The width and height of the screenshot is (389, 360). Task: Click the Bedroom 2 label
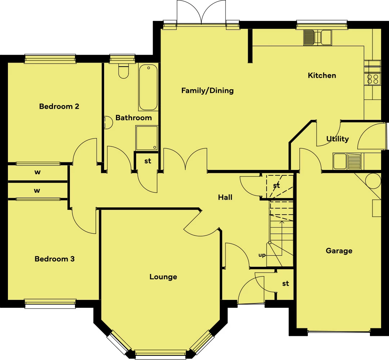(59, 106)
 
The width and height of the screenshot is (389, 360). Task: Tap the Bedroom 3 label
(55, 259)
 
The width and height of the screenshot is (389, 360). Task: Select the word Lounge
(163, 277)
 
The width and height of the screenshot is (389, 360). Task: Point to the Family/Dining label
(207, 90)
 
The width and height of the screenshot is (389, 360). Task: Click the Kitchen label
(322, 75)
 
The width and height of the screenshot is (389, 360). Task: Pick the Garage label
(339, 251)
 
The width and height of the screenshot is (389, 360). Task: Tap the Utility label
(337, 139)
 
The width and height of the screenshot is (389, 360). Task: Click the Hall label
(225, 197)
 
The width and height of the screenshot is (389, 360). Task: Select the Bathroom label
(134, 117)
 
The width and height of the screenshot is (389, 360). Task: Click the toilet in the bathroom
(123, 71)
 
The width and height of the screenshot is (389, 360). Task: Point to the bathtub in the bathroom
(148, 87)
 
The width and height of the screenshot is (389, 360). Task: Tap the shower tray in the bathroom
(147, 138)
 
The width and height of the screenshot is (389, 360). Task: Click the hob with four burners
(373, 79)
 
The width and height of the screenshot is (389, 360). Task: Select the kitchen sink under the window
(318, 38)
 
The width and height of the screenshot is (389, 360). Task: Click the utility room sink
(347, 161)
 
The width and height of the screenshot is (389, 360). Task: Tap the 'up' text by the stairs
(262, 255)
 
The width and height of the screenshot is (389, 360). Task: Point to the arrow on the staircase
(282, 238)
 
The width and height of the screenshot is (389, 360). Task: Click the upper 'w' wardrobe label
(37, 172)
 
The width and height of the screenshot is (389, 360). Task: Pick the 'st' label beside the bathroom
(148, 161)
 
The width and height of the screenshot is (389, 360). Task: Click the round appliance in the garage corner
(373, 181)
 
